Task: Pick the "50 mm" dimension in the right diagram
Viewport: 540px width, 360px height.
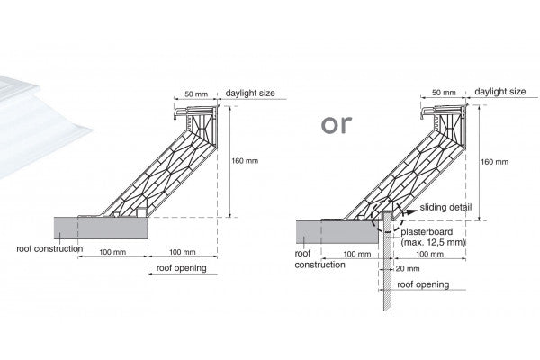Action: tap(444, 93)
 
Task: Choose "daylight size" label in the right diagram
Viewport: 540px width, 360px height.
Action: tap(500, 93)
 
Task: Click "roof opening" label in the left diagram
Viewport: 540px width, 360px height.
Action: tap(182, 268)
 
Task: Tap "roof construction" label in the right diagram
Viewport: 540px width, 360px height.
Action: tap(319, 259)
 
